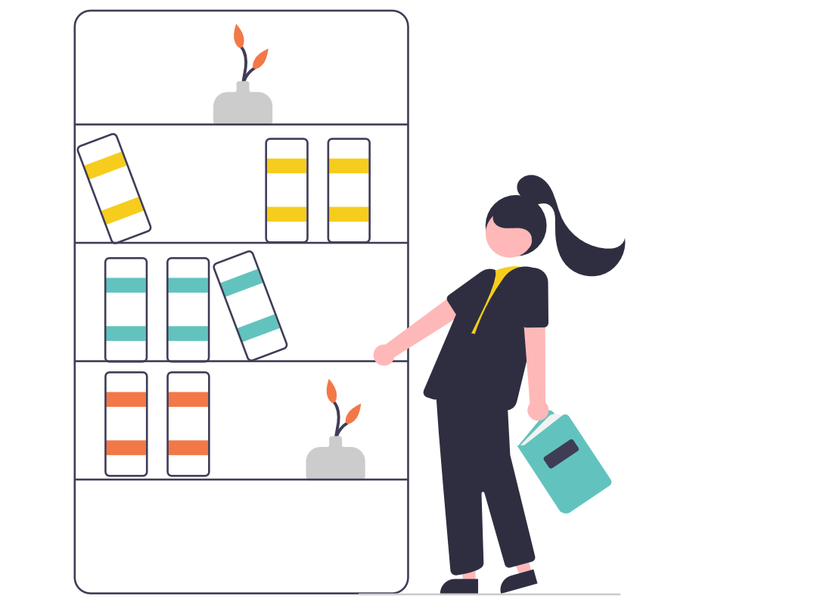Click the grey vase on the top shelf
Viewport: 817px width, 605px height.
[x=242, y=107]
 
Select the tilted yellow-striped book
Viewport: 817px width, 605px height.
[x=113, y=188]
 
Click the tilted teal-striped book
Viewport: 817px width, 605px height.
[x=250, y=305]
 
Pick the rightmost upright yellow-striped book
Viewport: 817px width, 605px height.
[x=349, y=190]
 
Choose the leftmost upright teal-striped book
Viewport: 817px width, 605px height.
[x=126, y=309]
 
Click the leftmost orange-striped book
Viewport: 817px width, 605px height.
[x=126, y=423]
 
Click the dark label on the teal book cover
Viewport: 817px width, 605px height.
[x=561, y=454]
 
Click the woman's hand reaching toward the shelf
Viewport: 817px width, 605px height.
[x=384, y=354]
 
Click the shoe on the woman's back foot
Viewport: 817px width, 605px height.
[x=519, y=580]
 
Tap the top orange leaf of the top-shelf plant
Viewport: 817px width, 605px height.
[x=238, y=36]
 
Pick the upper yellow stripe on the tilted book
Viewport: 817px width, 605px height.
[x=104, y=165]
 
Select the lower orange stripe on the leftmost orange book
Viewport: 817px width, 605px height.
[x=126, y=448]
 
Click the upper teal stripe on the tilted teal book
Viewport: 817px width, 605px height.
[x=241, y=282]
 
